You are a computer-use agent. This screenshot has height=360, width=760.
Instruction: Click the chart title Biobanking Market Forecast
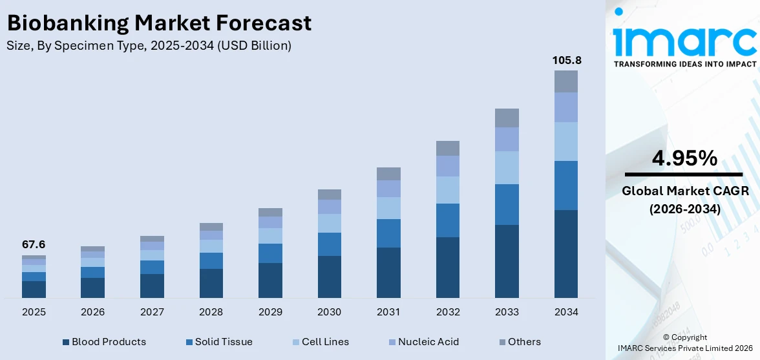click(x=159, y=23)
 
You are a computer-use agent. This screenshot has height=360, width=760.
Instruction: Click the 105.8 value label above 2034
click(x=566, y=60)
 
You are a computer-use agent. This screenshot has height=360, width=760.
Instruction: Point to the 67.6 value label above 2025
click(x=34, y=245)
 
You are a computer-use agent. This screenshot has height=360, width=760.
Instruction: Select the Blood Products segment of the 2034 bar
click(x=566, y=253)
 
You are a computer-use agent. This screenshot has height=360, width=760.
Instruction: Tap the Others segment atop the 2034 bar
click(x=566, y=81)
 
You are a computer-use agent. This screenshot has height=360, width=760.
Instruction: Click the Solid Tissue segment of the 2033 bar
click(x=507, y=204)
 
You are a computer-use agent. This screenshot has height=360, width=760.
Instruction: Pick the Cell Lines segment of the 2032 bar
click(x=447, y=190)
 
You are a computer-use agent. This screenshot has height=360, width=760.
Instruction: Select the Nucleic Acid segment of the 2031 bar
click(x=388, y=189)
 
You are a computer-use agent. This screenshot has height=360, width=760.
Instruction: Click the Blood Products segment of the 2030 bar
click(x=329, y=277)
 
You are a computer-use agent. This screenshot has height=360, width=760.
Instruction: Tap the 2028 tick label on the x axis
click(x=211, y=312)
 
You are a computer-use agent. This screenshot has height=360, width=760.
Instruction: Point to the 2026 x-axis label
click(x=92, y=312)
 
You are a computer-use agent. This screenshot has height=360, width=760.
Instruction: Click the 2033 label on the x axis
click(x=507, y=312)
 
